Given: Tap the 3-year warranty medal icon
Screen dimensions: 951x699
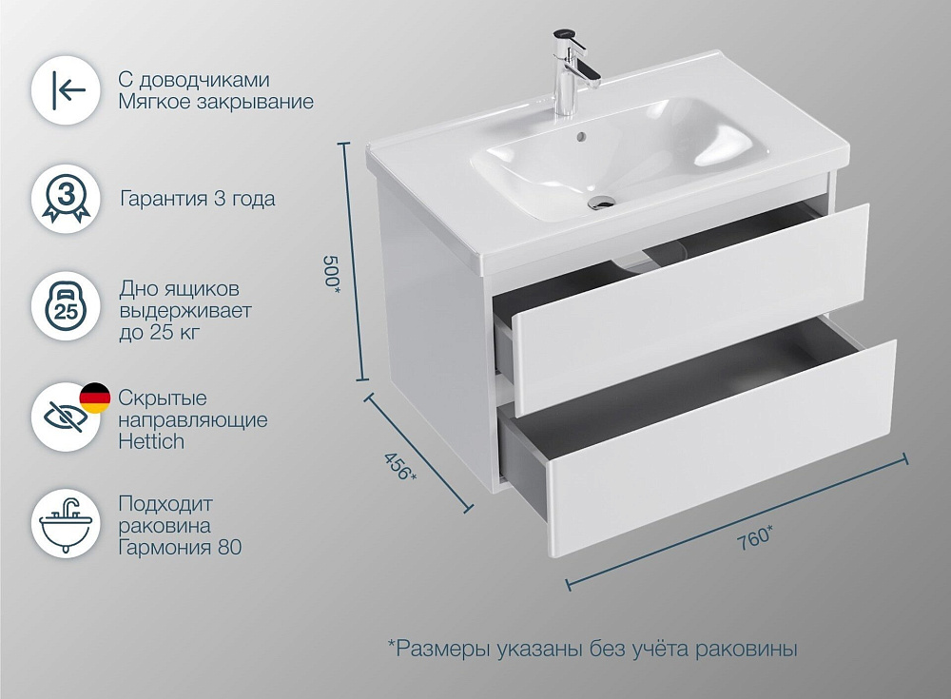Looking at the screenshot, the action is pos(66,200).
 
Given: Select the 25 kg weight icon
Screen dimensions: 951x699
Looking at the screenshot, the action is pos(66,307).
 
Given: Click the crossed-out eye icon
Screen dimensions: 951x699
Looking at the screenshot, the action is pos(66,417).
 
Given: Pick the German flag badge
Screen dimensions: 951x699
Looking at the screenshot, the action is pos(95,398).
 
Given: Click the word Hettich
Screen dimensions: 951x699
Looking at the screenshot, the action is pos(151,441).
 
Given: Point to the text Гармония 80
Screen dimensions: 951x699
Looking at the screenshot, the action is pos(180,547).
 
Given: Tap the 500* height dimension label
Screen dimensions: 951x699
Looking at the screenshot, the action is pos(332,272).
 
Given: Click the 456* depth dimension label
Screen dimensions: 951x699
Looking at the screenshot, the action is pos(400,466).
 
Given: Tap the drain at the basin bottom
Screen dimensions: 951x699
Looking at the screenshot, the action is pos(602,201).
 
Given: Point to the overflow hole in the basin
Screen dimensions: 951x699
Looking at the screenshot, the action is pos(580,137).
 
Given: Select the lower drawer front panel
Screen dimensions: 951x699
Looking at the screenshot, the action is pos(722,449).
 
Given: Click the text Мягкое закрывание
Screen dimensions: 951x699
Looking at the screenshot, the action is pos(216,102).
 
